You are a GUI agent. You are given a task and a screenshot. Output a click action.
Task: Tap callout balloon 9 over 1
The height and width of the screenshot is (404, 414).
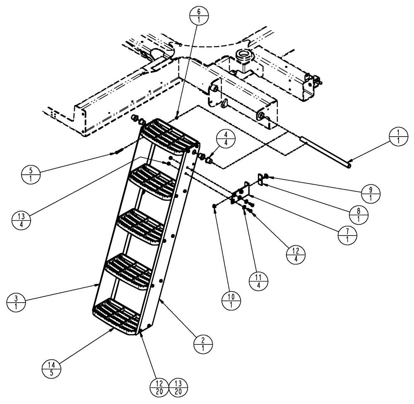tap(371, 192)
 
